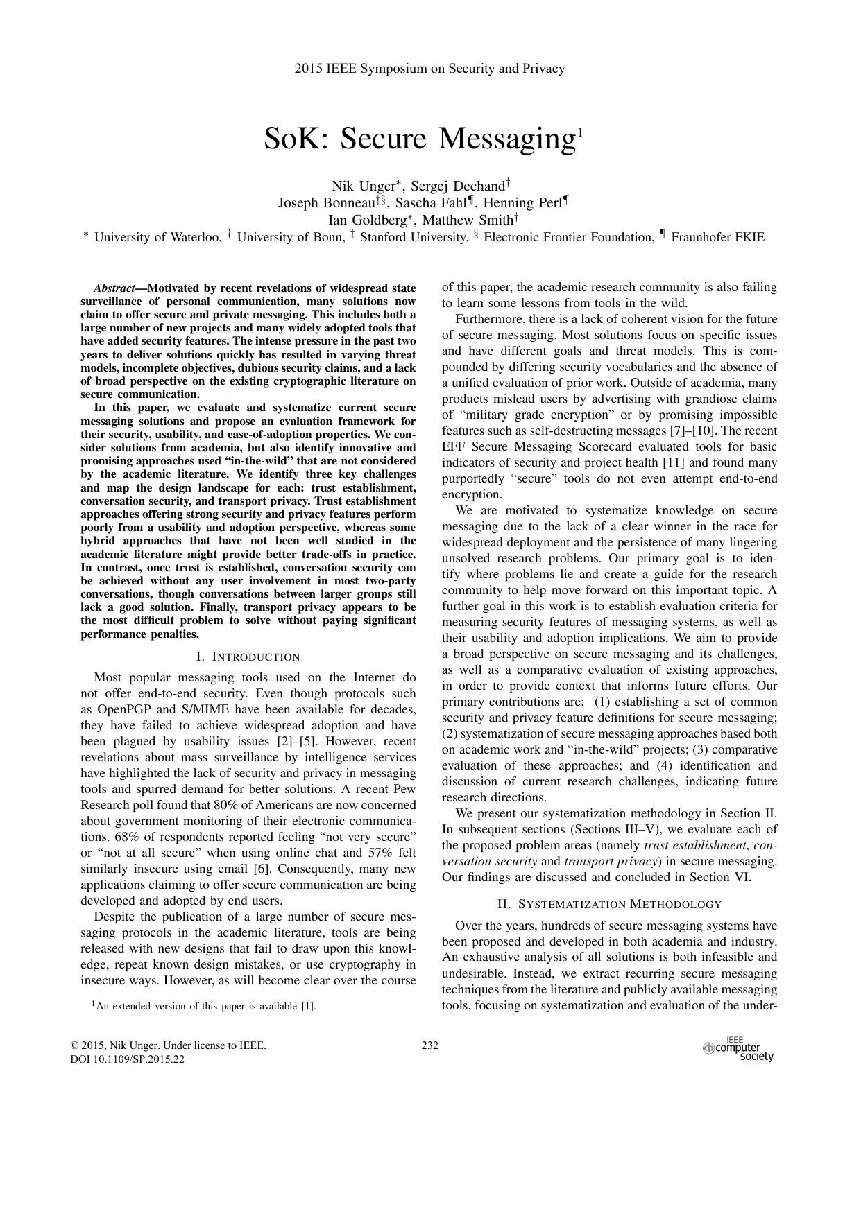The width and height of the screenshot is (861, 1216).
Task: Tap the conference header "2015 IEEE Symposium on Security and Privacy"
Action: [x=429, y=68]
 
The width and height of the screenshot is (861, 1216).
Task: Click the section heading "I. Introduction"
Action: [x=248, y=657]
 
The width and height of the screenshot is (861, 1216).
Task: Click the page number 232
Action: [x=429, y=1045]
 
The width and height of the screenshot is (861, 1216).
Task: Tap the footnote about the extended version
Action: [x=205, y=1006]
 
